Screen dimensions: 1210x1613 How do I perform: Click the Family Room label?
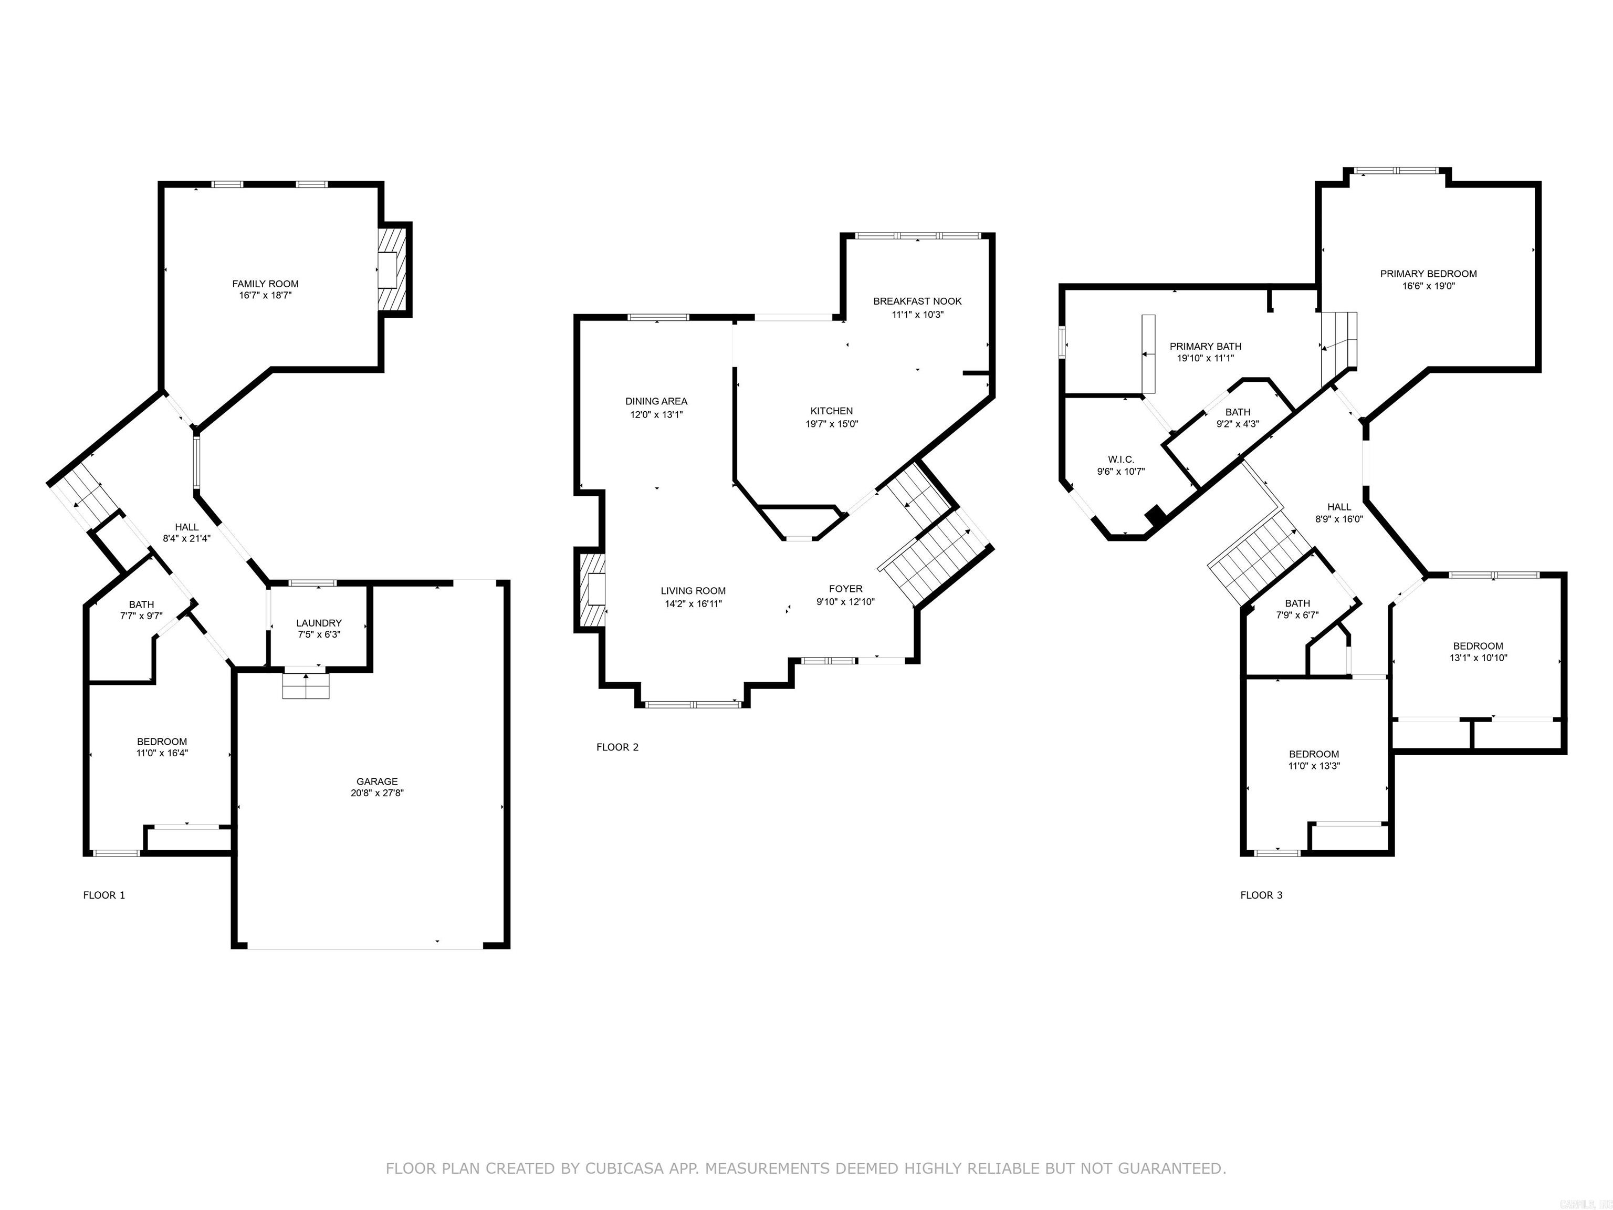pos(266,284)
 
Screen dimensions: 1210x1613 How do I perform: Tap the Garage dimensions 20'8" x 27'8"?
pos(377,793)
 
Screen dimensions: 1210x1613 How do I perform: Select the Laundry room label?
pos(319,623)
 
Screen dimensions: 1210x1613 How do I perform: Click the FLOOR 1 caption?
pos(104,895)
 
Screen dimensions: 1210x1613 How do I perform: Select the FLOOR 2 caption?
pos(617,747)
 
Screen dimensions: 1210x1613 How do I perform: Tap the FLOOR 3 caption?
pos(1261,895)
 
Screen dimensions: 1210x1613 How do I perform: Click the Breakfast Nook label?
pos(917,301)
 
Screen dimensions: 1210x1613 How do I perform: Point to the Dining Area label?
pos(656,401)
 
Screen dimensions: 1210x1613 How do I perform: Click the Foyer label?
pos(845,589)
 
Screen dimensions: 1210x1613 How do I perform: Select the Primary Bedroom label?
pos(1428,274)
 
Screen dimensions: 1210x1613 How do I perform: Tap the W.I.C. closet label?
pos(1121,460)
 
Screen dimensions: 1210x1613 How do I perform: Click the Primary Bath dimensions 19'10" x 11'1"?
pos(1206,358)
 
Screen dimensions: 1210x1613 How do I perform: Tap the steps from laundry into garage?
pos(306,685)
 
